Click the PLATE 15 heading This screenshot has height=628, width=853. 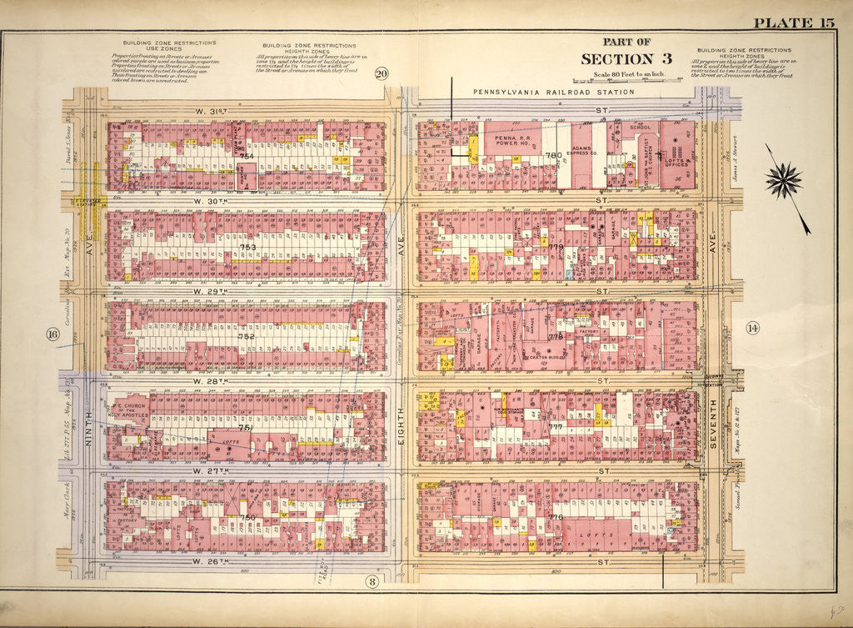tap(793, 23)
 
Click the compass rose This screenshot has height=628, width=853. tap(784, 179)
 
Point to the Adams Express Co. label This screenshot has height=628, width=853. tap(586, 153)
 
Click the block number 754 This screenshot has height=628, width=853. tap(247, 156)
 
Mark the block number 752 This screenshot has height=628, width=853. tap(247, 336)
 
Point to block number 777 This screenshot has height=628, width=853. tap(556, 426)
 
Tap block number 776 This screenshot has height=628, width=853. tap(556, 517)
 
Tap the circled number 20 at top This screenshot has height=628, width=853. tap(382, 73)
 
